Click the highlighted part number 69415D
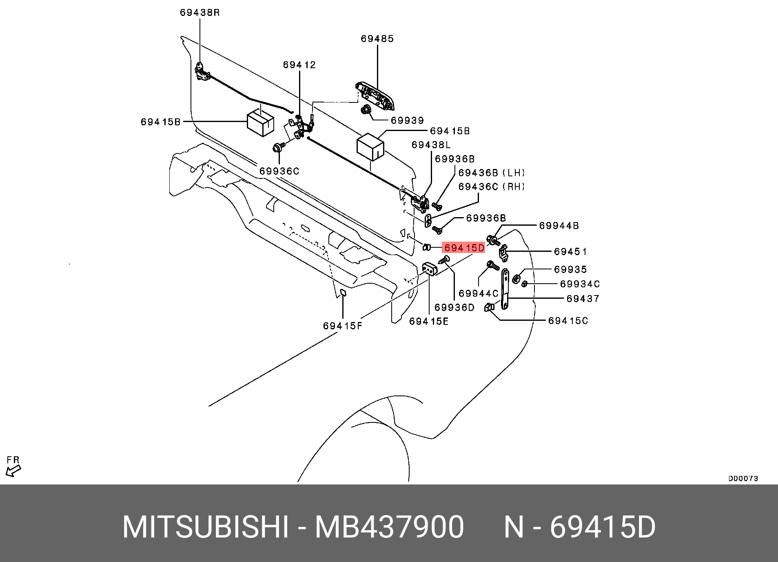[464, 247]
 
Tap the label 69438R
[199, 13]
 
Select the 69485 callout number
[377, 39]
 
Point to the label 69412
[299, 65]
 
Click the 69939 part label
[407, 120]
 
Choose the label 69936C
[279, 171]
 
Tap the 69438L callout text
[431, 145]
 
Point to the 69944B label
[559, 226]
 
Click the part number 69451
[570, 251]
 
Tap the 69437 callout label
[583, 299]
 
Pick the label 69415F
[343, 326]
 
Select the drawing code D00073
[743, 478]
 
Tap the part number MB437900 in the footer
[389, 527]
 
